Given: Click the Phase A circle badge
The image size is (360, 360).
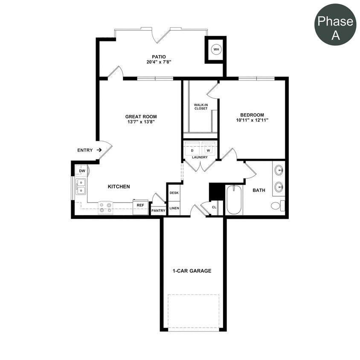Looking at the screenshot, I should pyautogui.click(x=335, y=24).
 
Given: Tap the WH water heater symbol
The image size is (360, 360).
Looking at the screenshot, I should pyautogui.click(x=216, y=49).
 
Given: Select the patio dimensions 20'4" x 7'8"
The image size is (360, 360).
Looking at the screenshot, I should pyautogui.click(x=159, y=62).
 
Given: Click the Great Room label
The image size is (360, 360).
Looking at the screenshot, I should pyautogui.click(x=141, y=116).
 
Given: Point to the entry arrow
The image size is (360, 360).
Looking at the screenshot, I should pyautogui.click(x=99, y=150).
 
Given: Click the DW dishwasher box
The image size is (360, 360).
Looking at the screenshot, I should pyautogui.click(x=82, y=171).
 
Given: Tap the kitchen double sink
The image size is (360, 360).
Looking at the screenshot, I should pyautogui.click(x=81, y=186).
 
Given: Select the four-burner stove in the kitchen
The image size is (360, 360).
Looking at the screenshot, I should pyautogui.click(x=105, y=207).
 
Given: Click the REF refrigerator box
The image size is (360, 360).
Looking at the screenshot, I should pyautogui.click(x=140, y=205).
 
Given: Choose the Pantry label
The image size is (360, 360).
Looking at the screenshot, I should pyautogui.click(x=158, y=211).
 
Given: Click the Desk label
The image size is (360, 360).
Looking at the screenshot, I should pyautogui.click(x=174, y=193).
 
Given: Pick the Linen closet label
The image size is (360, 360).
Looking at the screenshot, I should pyautogui.click(x=174, y=209).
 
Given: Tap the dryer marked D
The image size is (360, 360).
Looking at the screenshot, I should pyautogui.click(x=192, y=150).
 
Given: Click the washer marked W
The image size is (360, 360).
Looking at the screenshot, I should pyautogui.click(x=209, y=150).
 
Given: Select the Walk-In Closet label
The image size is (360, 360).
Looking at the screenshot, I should pyautogui.click(x=200, y=107).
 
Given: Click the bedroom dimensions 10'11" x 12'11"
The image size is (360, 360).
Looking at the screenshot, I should pyautogui.click(x=252, y=120).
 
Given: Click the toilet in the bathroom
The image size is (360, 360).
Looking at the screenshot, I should pyautogui.click(x=276, y=206).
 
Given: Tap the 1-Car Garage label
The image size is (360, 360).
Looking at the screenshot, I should pyautogui.click(x=192, y=271).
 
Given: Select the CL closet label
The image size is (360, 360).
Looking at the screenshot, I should pyautogui.click(x=214, y=208).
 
